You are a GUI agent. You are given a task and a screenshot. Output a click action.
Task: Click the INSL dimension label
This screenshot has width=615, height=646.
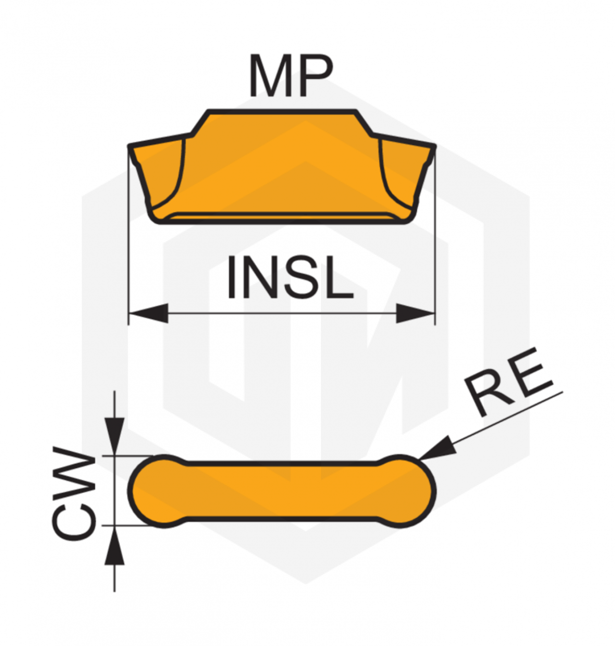(x=290, y=277)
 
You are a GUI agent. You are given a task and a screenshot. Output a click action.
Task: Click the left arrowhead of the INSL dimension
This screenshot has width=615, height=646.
(x=148, y=313)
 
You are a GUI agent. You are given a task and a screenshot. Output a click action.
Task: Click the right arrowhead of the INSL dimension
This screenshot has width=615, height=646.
(x=416, y=313)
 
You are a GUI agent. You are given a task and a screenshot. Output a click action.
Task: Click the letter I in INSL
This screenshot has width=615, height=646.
(x=231, y=277)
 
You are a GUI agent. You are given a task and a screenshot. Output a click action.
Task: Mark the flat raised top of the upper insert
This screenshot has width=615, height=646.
(x=283, y=112)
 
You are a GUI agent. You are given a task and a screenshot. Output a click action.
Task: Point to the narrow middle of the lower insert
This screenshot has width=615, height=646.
(x=282, y=492)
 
